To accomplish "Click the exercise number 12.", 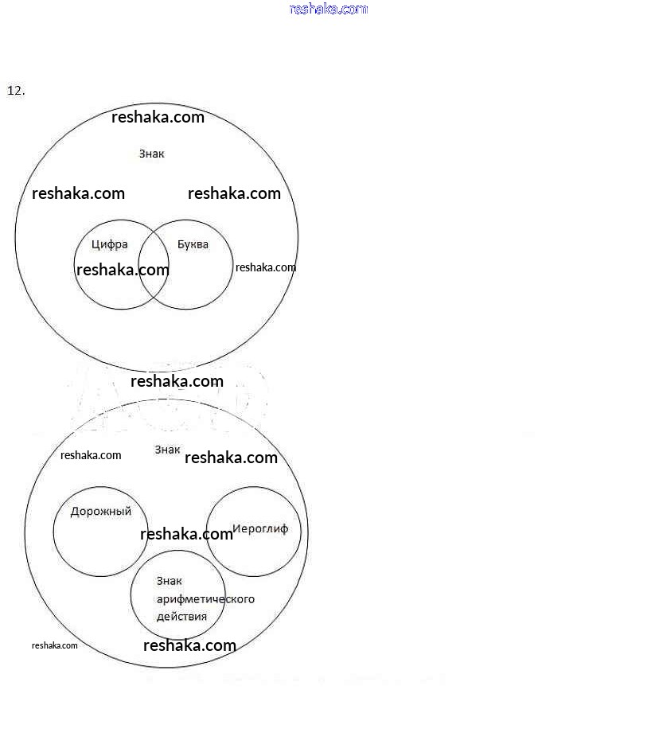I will (16, 91).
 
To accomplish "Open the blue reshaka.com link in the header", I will (328, 9).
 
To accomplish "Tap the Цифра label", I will (109, 244).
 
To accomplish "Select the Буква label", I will (193, 244).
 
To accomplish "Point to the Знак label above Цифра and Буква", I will (151, 154).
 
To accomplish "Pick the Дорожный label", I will (100, 512).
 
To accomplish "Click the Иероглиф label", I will (259, 529).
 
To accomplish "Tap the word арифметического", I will (205, 598).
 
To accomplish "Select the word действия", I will (181, 616).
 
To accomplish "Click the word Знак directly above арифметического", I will (169, 581).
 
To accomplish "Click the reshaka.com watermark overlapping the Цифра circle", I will (123, 270).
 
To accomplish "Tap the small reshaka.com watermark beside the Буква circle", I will (265, 267).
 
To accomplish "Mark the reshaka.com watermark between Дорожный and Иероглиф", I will (186, 534).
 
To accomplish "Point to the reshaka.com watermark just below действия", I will (189, 645).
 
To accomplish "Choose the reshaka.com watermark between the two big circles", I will (177, 381).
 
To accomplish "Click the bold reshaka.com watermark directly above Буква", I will (234, 193).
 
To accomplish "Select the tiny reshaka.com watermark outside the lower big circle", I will (54, 645).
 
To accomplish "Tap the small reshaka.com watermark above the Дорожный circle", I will (91, 455).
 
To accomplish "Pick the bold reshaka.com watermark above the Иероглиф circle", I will (231, 458).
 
